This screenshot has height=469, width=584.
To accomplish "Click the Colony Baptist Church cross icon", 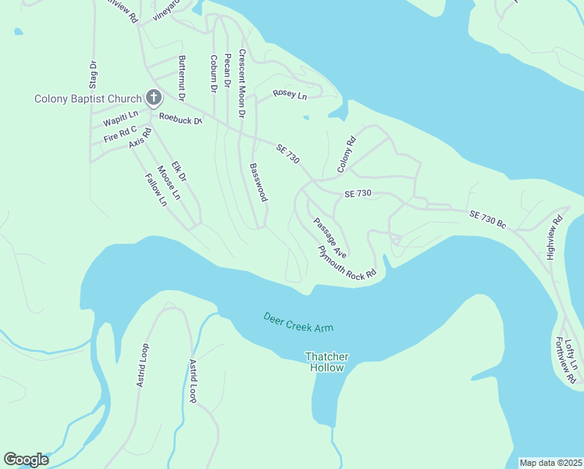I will click(x=154, y=98).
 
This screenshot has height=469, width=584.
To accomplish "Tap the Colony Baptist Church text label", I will click(x=87, y=98).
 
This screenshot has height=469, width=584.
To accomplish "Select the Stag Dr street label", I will click(x=93, y=74).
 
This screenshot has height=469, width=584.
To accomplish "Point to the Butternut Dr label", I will click(x=182, y=79).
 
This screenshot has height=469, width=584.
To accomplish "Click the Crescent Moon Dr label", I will click(x=242, y=84).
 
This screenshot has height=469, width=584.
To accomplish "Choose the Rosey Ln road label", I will click(x=290, y=95).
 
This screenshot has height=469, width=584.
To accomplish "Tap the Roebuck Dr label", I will click(x=180, y=120).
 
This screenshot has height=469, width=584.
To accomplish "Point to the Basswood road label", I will click(x=258, y=182).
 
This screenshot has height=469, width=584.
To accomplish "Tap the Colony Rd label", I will click(x=347, y=155).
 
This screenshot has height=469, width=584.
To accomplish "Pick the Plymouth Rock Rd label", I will click(x=347, y=263).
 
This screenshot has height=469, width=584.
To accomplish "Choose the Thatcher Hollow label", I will click(x=326, y=362).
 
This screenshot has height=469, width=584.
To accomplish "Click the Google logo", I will click(x=26, y=460).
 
